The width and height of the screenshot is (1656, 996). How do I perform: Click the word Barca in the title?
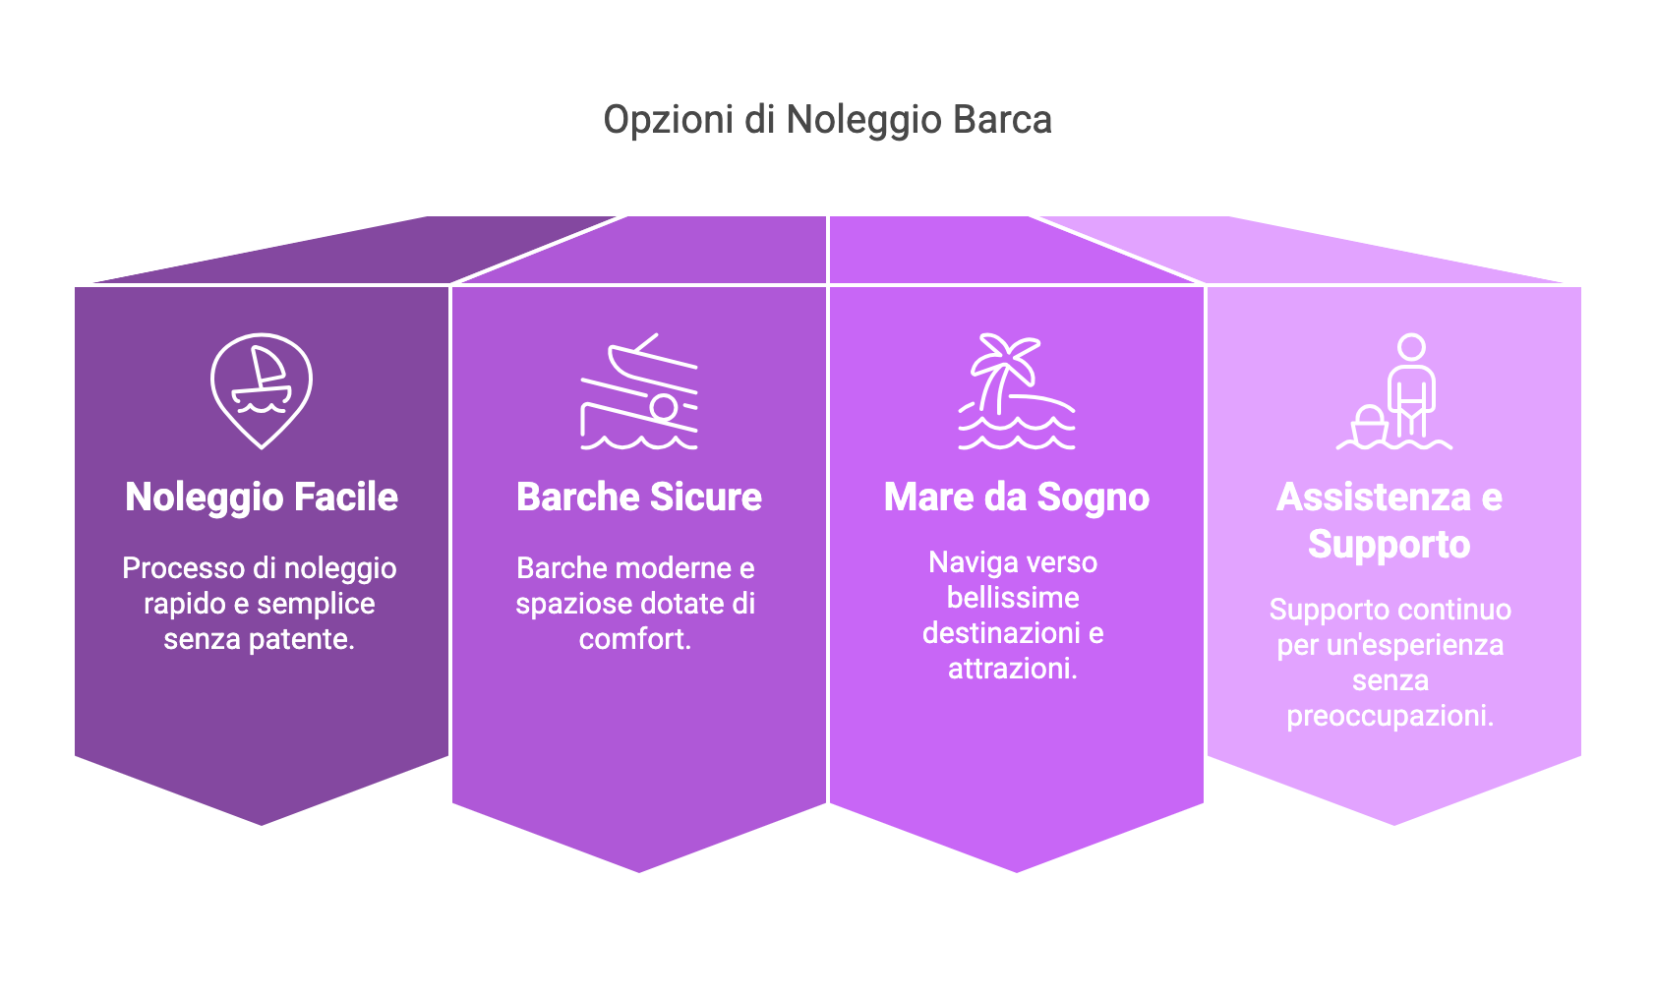tap(1002, 119)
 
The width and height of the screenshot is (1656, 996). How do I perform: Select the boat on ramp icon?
tap(639, 391)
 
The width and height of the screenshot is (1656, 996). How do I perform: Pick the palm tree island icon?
tap(1017, 391)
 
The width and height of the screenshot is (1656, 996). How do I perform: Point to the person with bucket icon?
tap(1394, 391)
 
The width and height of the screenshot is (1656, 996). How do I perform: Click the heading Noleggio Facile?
tap(262, 497)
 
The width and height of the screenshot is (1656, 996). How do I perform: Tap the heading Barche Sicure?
tap(639, 497)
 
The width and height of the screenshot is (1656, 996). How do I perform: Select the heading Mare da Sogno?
tap(1017, 498)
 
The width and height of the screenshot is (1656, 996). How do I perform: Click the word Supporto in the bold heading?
tap(1390, 545)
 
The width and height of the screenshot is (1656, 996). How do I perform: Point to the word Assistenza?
tap(1374, 497)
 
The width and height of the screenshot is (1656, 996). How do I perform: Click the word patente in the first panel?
tap(302, 639)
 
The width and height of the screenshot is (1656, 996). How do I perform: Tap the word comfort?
tap(635, 639)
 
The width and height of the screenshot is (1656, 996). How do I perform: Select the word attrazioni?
tap(1013, 669)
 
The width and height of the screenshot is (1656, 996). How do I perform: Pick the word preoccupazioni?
tap(1390, 716)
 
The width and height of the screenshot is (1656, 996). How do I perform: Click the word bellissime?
tap(1013, 598)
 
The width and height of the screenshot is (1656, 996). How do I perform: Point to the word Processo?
tap(184, 568)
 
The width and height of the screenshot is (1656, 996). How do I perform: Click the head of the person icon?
tap(1411, 347)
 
